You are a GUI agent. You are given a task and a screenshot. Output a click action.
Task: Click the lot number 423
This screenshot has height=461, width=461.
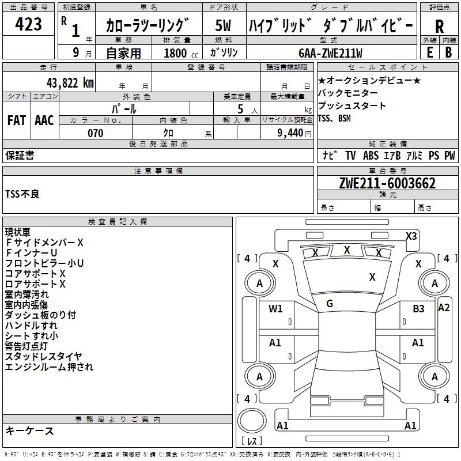coord(28,25)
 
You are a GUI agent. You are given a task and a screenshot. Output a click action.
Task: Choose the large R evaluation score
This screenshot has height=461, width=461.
coord(439,26)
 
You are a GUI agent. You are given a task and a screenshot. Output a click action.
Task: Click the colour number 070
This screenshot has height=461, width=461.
coord(95,133)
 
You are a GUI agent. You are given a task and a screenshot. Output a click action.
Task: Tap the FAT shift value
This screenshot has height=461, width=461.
coord(16,120)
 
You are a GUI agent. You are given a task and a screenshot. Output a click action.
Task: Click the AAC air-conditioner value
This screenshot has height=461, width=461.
coord(44,120)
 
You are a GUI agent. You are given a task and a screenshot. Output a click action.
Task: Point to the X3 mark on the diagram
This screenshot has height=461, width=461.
coord(411,236)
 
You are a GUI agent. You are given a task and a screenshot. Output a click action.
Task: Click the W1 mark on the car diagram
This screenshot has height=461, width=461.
coord(275,309)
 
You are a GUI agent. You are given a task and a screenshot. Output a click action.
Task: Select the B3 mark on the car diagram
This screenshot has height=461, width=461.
coord(418,309)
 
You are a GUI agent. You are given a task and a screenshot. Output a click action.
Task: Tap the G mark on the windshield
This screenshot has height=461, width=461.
coord(330,303)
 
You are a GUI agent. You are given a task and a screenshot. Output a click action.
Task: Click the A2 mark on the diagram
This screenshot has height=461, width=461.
coord(444,307)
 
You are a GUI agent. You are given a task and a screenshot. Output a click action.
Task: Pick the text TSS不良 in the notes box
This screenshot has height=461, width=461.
coord(22,194)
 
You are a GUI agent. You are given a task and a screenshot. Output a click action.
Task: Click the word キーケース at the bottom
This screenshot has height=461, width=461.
coord(29,431)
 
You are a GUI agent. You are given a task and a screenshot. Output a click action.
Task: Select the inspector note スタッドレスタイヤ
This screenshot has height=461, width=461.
coord(44,356)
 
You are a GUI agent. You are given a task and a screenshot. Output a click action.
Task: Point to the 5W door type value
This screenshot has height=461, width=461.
coord(223,26)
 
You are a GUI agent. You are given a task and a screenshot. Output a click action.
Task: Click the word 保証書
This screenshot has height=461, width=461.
coord(20,155)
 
